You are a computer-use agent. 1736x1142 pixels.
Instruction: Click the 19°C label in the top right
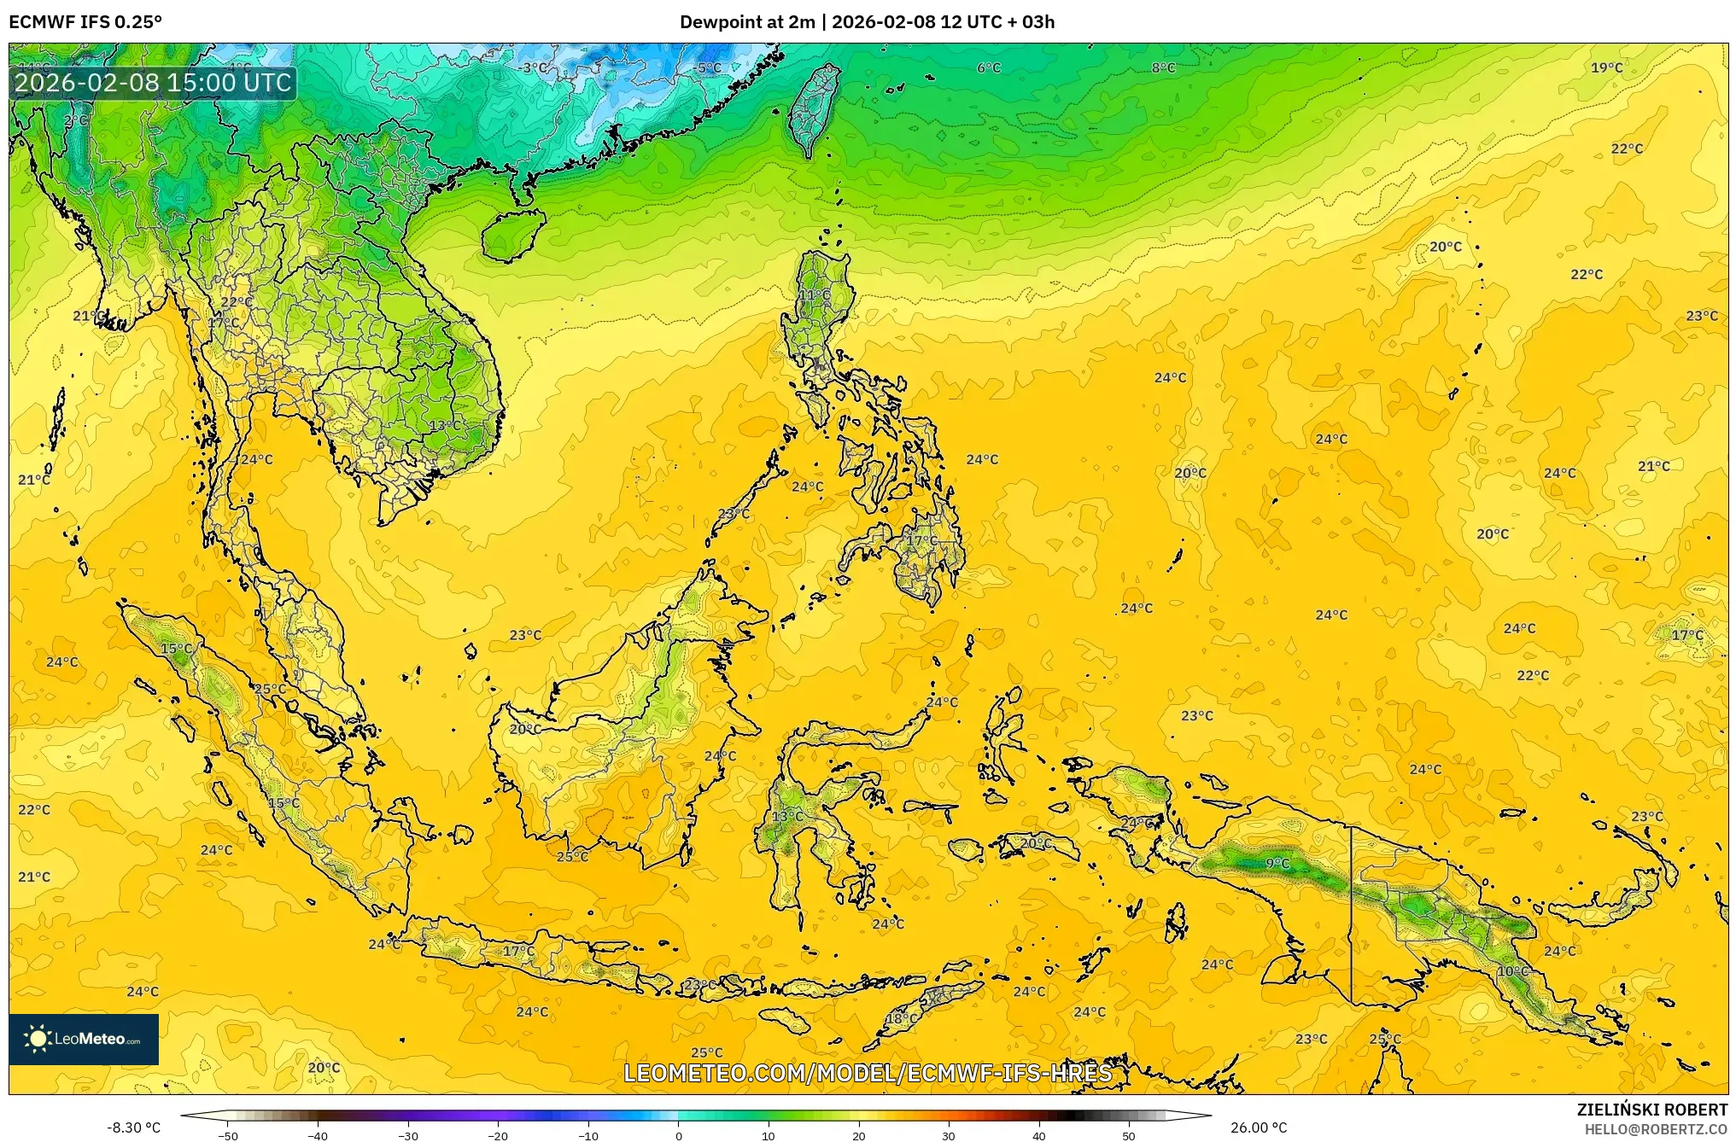click(1606, 68)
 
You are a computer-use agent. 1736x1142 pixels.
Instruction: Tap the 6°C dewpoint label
click(989, 68)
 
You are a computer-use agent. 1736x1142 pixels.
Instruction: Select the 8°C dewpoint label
click(1163, 68)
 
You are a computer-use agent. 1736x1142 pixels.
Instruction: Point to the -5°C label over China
click(708, 68)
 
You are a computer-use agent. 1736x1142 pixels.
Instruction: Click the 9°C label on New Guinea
click(1277, 864)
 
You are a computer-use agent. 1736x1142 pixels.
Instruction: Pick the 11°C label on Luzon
click(814, 295)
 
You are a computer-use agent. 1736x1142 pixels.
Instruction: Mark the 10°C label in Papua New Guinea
click(1512, 972)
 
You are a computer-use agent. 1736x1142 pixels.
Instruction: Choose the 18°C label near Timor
click(902, 1019)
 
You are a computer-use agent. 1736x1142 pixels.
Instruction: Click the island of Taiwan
click(812, 111)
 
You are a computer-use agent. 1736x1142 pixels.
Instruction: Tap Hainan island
click(512, 235)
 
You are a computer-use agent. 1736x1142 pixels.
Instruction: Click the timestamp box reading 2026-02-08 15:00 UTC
click(154, 83)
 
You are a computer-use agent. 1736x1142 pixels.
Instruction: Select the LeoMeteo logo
click(84, 1039)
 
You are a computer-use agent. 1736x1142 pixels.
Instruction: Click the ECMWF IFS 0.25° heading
click(85, 22)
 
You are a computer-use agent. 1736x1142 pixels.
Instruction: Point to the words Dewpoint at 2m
click(747, 22)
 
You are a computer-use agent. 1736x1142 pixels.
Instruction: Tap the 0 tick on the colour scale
click(679, 1135)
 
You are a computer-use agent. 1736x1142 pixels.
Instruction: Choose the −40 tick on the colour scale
click(318, 1135)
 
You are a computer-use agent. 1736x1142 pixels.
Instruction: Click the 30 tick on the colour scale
click(949, 1135)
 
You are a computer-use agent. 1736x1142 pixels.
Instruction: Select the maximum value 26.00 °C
click(1258, 1128)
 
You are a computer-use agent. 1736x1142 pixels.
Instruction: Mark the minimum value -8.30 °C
click(133, 1128)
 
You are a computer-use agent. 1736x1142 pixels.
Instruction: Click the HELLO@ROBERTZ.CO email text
click(1656, 1129)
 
